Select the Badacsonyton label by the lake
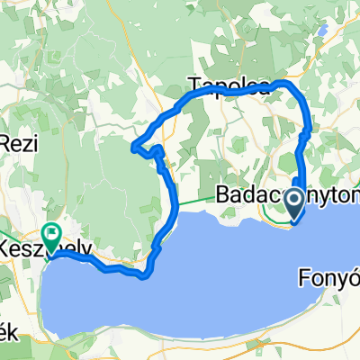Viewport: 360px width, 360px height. pyautogui.click(x=288, y=195)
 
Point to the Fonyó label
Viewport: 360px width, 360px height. pyautogui.click(x=328, y=255)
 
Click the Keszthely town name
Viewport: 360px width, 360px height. pyautogui.click(x=40, y=246)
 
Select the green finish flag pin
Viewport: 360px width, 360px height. pyautogui.click(x=50, y=236)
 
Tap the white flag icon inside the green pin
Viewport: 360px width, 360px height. pyautogui.click(x=50, y=233)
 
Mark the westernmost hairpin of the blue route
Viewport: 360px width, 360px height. pyautogui.click(x=134, y=148)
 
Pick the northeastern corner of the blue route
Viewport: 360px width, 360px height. pyautogui.click(x=290, y=83)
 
